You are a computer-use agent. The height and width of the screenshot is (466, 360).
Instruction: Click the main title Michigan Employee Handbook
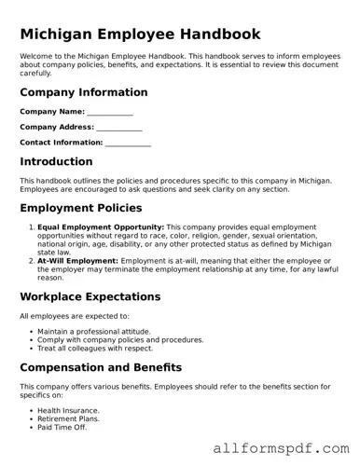140,34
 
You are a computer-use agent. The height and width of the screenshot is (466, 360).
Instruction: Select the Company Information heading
84,92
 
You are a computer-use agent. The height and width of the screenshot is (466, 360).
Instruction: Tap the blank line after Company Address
118,128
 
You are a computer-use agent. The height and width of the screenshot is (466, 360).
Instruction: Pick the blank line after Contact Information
128,144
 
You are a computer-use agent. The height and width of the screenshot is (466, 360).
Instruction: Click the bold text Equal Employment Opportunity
101,226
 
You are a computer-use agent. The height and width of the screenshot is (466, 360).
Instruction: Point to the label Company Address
56,127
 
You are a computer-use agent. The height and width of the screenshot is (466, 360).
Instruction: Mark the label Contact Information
61,143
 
